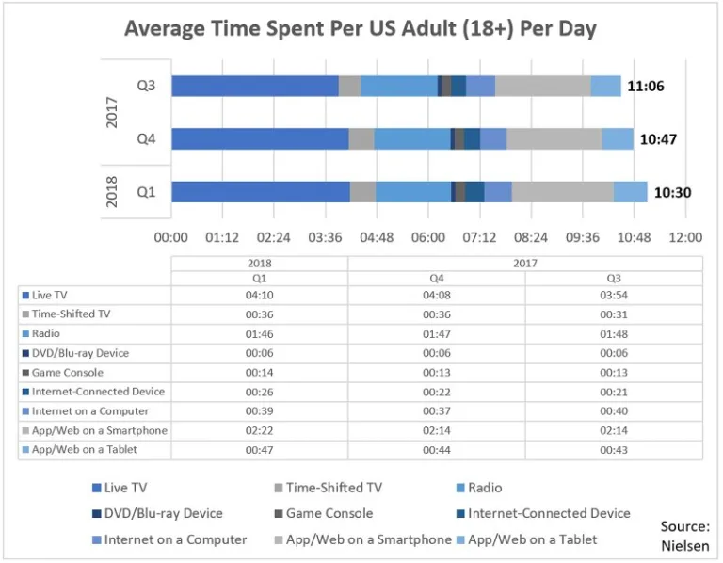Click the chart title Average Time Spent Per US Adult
tap(361, 29)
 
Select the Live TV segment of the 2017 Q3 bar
tap(254, 86)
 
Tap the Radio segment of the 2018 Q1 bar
tap(413, 192)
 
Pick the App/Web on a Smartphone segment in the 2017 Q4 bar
tap(554, 139)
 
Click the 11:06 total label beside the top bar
tap(646, 87)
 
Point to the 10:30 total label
tap(672, 193)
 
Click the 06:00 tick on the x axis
tap(428, 237)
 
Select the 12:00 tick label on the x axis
tap(685, 237)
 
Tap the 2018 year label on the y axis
tap(112, 192)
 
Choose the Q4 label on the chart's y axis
tap(146, 139)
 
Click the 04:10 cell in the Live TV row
tap(259, 296)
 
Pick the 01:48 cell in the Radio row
tap(614, 334)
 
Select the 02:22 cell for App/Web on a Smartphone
tap(259, 431)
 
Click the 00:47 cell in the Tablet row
tap(259, 450)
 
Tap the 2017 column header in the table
tap(525, 264)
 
